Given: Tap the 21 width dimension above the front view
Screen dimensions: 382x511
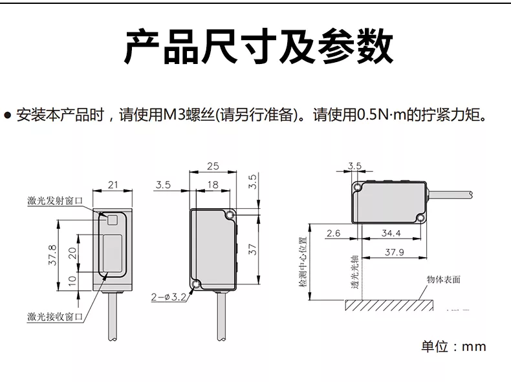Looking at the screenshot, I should point(113,186).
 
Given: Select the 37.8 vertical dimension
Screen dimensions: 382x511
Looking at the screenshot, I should point(53,255).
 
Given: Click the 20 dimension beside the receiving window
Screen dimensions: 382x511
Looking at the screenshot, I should point(72,251).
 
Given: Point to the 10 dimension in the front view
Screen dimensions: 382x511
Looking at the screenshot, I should point(72,280).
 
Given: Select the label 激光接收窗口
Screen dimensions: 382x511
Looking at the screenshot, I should point(56,316).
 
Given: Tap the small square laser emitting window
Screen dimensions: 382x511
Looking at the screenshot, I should point(113,220).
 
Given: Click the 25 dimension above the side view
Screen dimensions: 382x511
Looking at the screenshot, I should point(212,166).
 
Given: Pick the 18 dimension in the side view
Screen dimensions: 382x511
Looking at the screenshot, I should point(212,185).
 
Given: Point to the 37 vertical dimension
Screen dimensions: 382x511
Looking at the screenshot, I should point(254,248).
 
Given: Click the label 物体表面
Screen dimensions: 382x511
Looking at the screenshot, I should point(444,280).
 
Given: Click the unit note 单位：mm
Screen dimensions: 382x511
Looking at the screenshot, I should point(453,347).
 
